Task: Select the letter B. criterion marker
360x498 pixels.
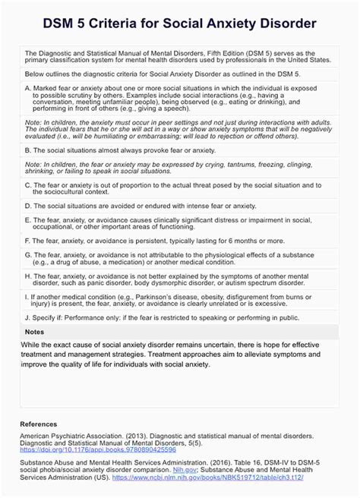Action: [28, 150]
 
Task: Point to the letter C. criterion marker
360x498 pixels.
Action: [28, 184]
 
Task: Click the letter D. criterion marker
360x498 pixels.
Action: [28, 206]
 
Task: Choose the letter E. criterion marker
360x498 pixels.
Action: [28, 220]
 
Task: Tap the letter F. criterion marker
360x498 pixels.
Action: [28, 241]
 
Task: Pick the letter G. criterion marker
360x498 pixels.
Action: [28, 255]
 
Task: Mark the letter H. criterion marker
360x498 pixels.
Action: [28, 276]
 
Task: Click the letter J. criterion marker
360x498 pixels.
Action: [28, 318]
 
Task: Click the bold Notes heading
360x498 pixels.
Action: [34, 332]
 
